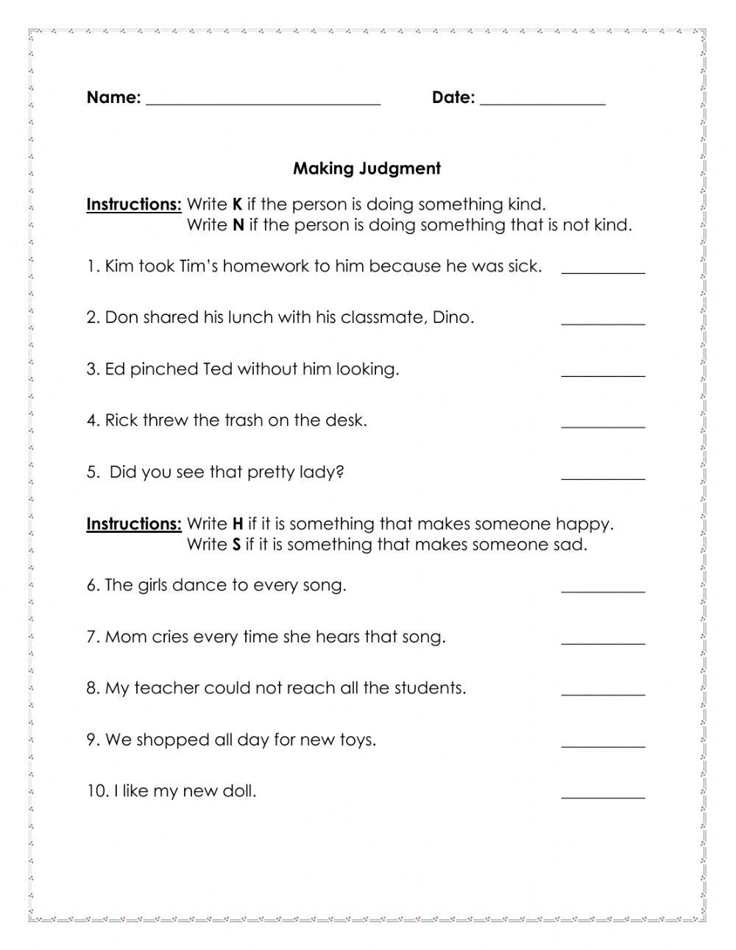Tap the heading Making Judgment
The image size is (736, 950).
367,169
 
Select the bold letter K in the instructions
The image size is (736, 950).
237,205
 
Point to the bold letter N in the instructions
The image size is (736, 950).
238,225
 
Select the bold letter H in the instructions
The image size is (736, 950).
237,524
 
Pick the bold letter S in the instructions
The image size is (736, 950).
236,545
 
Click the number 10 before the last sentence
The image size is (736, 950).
96,792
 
